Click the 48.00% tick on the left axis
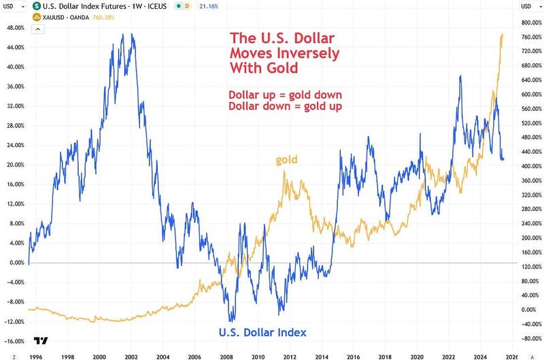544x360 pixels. click(14, 28)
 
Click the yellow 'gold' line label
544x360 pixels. click(286, 160)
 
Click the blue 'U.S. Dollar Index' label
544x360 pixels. click(262, 333)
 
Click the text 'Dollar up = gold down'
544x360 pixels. click(286, 94)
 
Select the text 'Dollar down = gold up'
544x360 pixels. click(286, 106)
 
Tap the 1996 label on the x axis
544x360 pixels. click(35, 355)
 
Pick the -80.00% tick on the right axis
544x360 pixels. click(530, 338)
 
